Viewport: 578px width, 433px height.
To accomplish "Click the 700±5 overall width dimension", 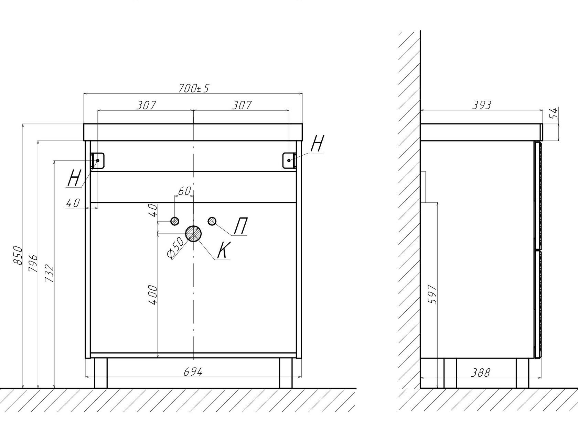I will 194,88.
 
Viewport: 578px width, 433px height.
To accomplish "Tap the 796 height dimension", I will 33,263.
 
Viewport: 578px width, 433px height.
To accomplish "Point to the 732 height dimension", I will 50,273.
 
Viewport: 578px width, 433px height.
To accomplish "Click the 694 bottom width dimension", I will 193,372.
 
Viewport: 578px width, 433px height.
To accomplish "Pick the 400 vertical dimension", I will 153,295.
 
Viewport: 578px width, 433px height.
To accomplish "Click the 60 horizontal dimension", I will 184,191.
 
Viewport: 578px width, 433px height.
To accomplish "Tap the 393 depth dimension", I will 481,105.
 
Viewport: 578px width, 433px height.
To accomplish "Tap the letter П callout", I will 240,227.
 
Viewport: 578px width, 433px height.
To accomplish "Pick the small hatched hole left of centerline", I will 175,221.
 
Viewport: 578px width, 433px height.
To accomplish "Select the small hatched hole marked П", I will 212,221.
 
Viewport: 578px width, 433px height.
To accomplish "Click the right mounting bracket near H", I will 289,160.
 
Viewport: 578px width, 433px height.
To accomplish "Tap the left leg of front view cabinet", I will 101,373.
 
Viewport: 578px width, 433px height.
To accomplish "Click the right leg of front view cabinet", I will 285,373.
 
